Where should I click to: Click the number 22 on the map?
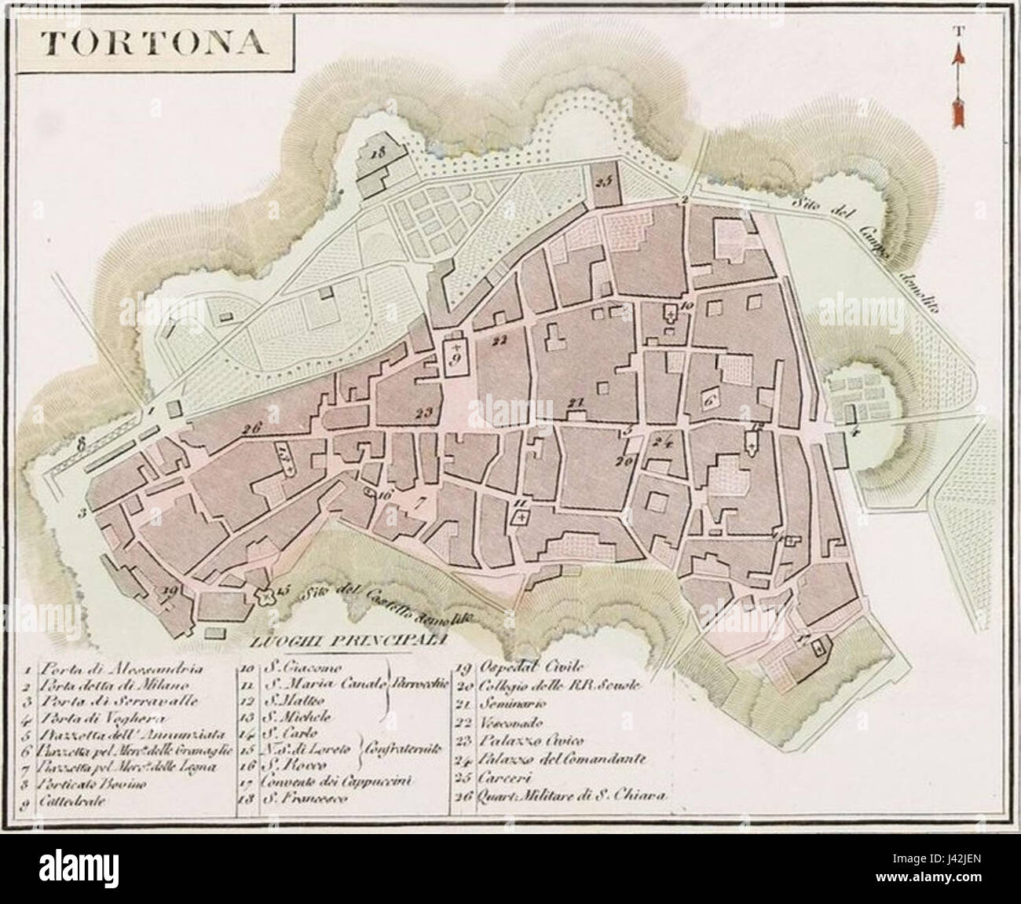click(496, 340)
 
